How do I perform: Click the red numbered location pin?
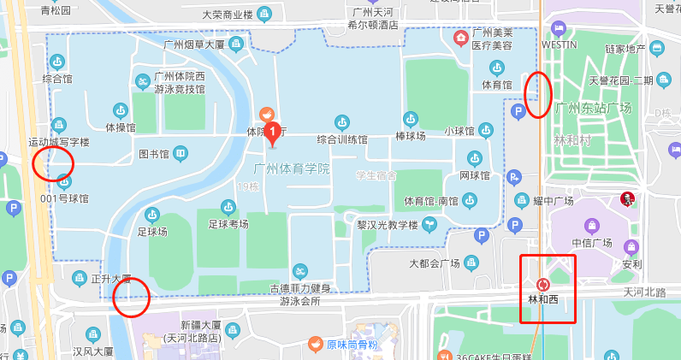click(x=273, y=132)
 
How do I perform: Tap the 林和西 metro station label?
click(x=542, y=299)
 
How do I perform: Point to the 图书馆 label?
click(x=156, y=155)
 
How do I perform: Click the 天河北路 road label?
click(x=644, y=292)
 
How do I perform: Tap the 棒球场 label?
click(x=410, y=135)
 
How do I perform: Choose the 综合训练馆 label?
click(x=341, y=139)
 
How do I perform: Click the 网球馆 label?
click(x=474, y=175)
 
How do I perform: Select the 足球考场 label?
click(x=228, y=223)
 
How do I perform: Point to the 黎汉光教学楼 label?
click(x=386, y=226)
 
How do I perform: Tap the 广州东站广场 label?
click(x=593, y=108)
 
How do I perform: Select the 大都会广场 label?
click(x=435, y=263)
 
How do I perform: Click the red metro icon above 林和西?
click(x=542, y=284)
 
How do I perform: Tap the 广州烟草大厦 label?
click(x=193, y=44)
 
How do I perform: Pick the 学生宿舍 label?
click(x=376, y=175)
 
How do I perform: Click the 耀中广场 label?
click(x=552, y=201)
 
